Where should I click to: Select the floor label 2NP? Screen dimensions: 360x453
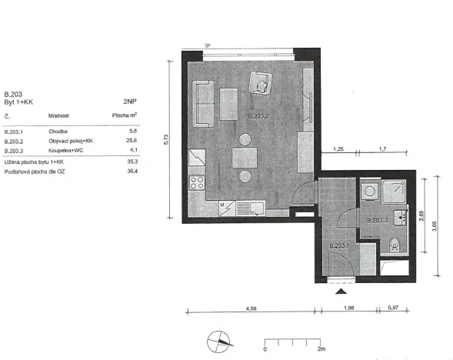click(130, 101)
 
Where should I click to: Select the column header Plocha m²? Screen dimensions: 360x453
click(124, 116)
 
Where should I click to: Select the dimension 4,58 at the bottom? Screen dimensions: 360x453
click(250, 310)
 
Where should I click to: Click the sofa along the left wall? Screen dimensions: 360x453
click(205, 105)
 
